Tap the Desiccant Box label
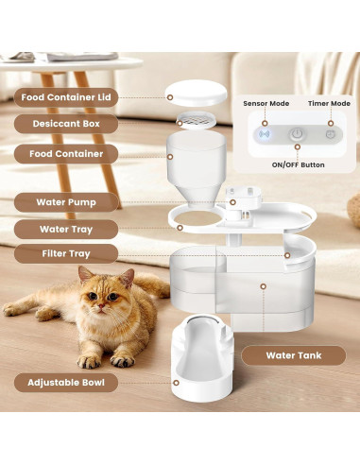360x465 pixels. click(66, 123)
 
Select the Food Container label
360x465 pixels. click(66, 152)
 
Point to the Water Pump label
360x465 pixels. click(66, 201)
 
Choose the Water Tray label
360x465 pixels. click(66, 228)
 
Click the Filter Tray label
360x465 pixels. click(66, 253)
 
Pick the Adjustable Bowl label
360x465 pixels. click(66, 382)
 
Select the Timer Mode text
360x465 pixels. click(329, 103)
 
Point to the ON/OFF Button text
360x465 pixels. click(298, 164)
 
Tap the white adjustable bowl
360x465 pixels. click(198, 359)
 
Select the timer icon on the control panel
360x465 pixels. click(330, 134)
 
